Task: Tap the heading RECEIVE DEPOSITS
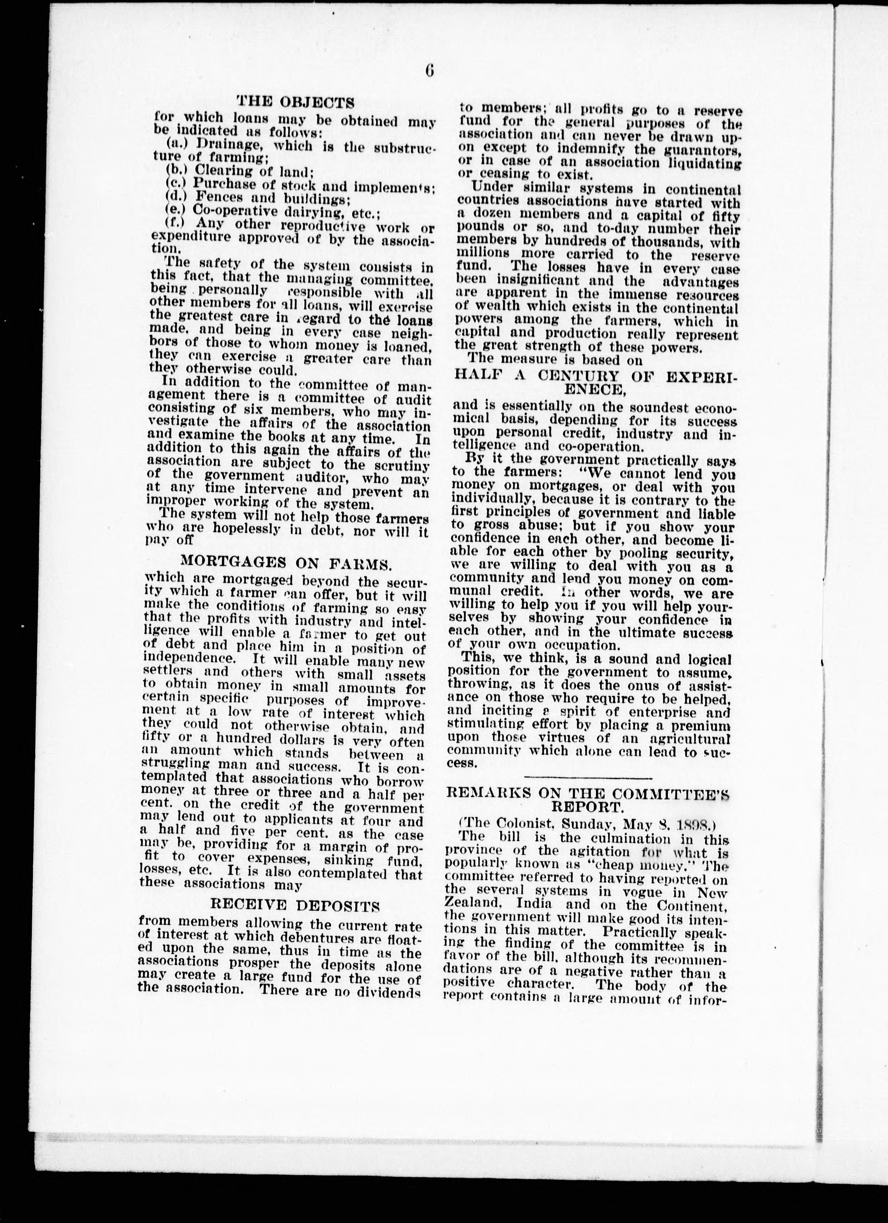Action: coord(294,904)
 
